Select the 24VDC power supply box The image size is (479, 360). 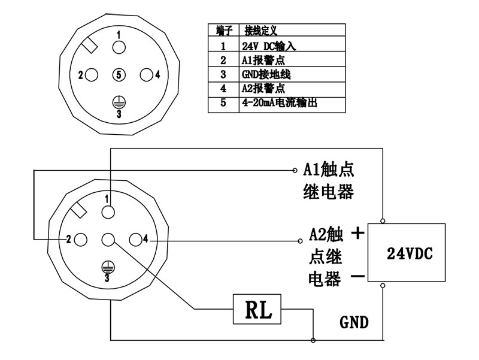click(405, 252)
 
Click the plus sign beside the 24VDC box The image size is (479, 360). click(357, 233)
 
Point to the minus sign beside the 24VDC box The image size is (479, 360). click(357, 277)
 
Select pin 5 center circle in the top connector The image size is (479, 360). click(119, 75)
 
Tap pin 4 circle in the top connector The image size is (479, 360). click(145, 75)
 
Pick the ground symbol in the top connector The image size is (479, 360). click(119, 101)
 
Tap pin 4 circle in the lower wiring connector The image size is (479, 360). click(135, 240)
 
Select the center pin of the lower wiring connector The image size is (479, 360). click(108, 240)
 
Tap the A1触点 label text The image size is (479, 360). click(329, 169)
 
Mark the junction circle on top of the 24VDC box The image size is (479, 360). click(383, 220)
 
